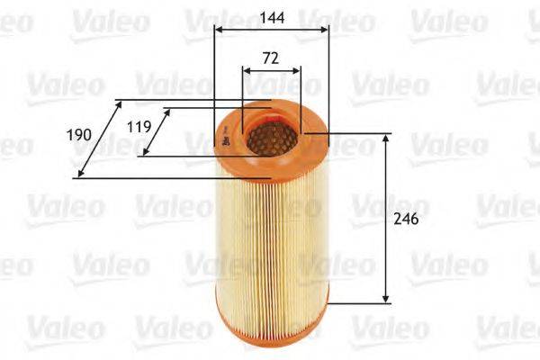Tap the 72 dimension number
pos(271,58)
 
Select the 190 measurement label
pos(80,135)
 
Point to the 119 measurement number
pos(139,126)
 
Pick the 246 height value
pos(406,219)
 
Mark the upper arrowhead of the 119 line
pos(167,112)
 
